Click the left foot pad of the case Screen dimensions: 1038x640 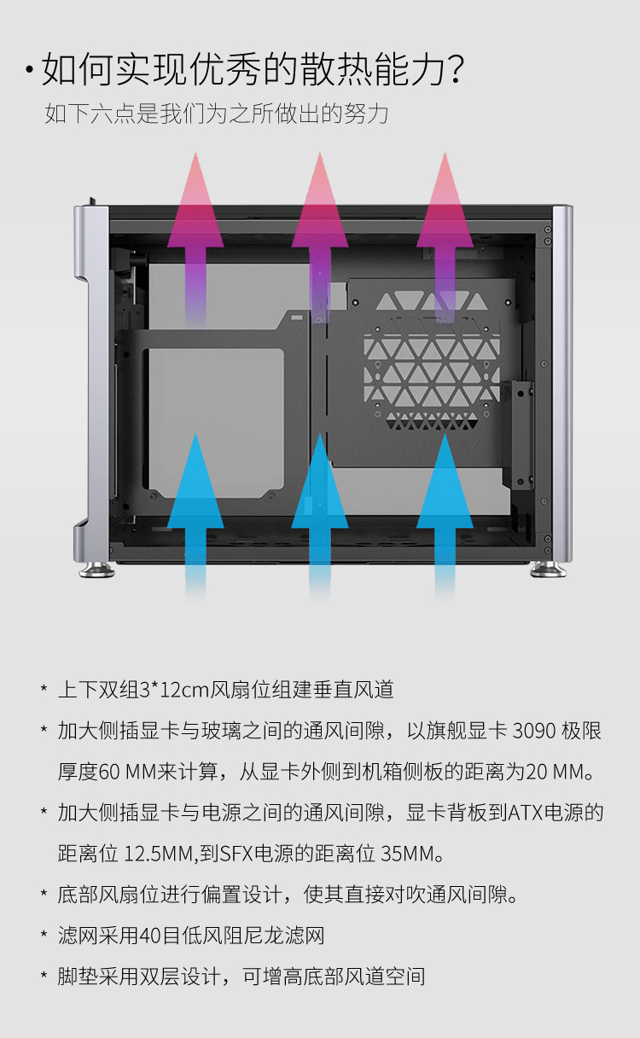pos(97,569)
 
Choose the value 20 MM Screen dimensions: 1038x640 pos(556,772)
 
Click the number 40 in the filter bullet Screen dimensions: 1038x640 pos(150,936)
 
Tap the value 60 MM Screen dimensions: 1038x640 pos(130,772)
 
